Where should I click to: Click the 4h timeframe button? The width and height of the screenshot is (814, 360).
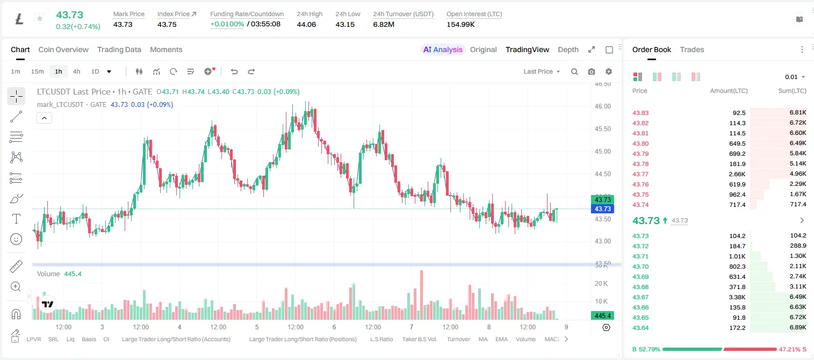[x=76, y=71]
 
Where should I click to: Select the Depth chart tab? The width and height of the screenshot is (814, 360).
[x=568, y=49]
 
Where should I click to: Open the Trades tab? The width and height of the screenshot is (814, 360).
[x=692, y=49]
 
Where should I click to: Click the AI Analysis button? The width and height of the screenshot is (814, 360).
[x=443, y=49]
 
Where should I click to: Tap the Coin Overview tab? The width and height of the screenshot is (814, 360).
[x=63, y=49]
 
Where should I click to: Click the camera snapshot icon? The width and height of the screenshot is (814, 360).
[x=592, y=71]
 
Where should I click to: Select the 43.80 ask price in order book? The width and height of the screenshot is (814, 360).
[x=640, y=143]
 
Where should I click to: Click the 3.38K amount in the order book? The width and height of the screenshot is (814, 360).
[x=737, y=297]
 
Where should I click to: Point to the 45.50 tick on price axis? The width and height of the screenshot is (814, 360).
[x=602, y=129]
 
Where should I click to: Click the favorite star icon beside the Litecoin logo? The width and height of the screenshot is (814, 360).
[x=40, y=18]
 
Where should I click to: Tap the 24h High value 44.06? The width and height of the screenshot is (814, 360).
[x=306, y=24]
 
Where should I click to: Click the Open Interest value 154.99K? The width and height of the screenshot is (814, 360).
[x=460, y=24]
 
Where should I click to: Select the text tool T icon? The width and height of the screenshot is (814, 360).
[x=16, y=219]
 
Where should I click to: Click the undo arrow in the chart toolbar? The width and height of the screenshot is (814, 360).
[x=234, y=71]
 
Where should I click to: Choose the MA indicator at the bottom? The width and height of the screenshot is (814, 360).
[x=483, y=339]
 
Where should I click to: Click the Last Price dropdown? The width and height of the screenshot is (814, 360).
[x=542, y=71]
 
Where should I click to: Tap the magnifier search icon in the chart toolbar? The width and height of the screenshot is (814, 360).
[x=574, y=71]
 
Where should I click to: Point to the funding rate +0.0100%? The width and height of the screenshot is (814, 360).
[x=227, y=24]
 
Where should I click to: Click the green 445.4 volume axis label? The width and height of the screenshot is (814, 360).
[x=602, y=316]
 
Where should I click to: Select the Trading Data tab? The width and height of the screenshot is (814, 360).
[x=119, y=49]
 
